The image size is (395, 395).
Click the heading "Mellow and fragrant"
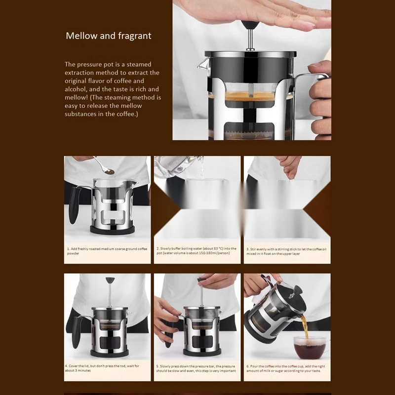point(109,36)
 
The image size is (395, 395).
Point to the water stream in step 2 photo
point(200,170)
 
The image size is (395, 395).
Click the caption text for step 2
point(197,251)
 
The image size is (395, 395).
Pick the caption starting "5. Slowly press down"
point(197,368)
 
